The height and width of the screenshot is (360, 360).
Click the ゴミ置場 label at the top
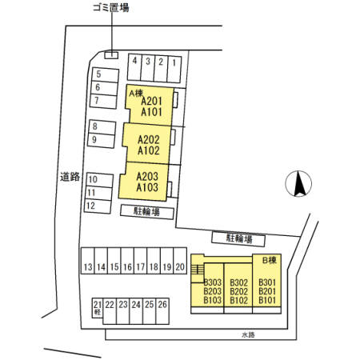111,7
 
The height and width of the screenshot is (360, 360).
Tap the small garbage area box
111,55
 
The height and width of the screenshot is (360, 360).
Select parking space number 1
174,70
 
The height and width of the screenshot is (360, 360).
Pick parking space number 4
134,67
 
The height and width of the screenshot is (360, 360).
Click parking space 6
104,88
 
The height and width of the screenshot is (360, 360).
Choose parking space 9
102,140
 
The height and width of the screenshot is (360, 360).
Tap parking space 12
98,206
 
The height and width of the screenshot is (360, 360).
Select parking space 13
88,261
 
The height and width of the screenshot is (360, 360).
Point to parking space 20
180,261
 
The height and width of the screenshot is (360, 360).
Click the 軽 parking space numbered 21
98,308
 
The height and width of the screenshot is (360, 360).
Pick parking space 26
162,311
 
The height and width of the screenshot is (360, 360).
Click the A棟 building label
136,94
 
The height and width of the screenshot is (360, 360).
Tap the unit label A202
149,139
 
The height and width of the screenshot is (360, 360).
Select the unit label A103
147,187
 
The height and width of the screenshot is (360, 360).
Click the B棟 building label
270,260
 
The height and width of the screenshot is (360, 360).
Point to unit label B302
239,282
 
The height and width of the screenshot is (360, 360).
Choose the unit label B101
267,300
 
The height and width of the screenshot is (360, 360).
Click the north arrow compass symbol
298,184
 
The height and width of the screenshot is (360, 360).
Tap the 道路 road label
70,177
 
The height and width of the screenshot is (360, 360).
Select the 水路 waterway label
248,334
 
